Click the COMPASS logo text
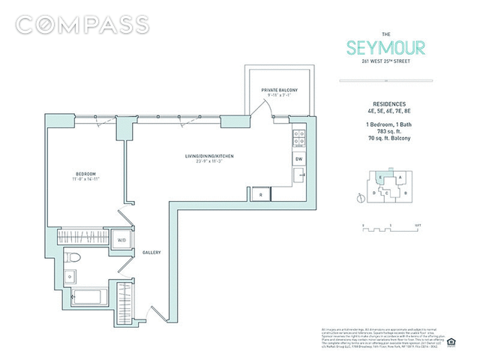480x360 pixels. click(x=82, y=24)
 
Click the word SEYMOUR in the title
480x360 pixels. click(x=387, y=49)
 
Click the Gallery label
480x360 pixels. click(x=153, y=253)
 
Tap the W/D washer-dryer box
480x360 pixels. click(x=121, y=240)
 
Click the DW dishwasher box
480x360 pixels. click(x=298, y=159)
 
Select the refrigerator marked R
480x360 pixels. click(x=260, y=194)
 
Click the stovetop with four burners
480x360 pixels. click(x=298, y=139)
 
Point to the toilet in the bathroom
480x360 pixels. click(x=73, y=258)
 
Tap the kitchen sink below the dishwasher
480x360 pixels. click(x=298, y=176)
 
